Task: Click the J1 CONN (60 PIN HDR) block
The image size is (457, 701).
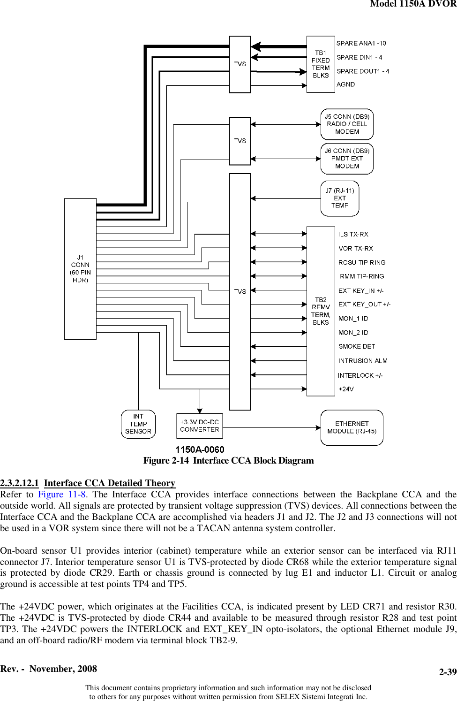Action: (x=80, y=269)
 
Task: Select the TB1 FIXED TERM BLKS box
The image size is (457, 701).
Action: (x=321, y=64)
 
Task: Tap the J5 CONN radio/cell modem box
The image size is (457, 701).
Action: (x=347, y=124)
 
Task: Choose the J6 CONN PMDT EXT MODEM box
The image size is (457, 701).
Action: (x=347, y=159)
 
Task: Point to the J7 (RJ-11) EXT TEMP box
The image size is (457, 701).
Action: (x=340, y=198)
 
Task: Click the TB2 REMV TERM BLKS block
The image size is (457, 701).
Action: (x=321, y=311)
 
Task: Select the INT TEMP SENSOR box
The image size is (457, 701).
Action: (x=138, y=424)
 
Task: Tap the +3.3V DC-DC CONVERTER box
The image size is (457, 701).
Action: (x=200, y=426)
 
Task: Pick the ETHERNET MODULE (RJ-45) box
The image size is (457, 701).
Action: (x=352, y=427)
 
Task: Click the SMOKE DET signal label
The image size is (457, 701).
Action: (x=357, y=347)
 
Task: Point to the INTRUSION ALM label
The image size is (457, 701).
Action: (x=363, y=361)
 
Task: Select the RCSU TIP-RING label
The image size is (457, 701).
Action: (x=362, y=262)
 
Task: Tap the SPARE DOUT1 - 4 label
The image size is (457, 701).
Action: (x=363, y=71)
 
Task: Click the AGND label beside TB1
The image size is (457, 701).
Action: (x=345, y=84)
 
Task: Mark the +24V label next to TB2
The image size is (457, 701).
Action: (x=346, y=389)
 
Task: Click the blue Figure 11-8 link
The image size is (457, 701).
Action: (x=62, y=495)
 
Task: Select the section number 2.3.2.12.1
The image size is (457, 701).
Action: (x=20, y=483)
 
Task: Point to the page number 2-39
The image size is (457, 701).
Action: (x=448, y=672)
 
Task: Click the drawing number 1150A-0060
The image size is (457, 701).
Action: (x=200, y=450)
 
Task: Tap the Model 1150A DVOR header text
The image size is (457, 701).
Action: (x=413, y=4)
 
